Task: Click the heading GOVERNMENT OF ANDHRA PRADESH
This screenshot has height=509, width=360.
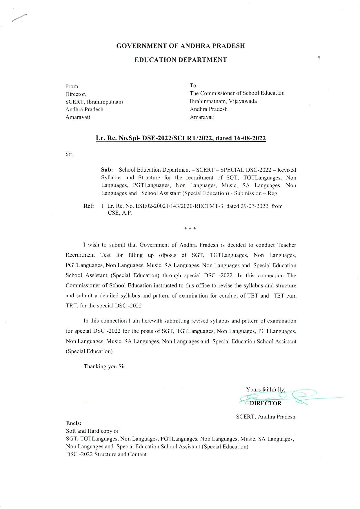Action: click(180, 46)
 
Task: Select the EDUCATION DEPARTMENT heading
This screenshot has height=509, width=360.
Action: click(181, 60)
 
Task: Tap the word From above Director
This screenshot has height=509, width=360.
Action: click(72, 86)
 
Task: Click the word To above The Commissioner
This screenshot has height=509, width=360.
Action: click(193, 85)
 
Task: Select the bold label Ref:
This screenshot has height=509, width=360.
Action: click(89, 206)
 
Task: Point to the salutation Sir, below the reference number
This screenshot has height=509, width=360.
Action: click(70, 154)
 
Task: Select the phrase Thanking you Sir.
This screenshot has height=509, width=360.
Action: click(105, 366)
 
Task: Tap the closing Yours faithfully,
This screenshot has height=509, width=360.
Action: click(266, 389)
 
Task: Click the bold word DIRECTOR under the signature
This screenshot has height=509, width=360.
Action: click(266, 403)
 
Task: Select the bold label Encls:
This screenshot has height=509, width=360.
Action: click(74, 423)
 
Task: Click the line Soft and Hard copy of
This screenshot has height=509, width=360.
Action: click(92, 431)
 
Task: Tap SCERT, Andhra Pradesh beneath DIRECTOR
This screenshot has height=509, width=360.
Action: click(266, 417)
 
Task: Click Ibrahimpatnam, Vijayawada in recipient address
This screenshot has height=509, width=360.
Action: click(223, 101)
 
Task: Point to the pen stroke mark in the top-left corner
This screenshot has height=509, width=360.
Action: click(19, 17)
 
